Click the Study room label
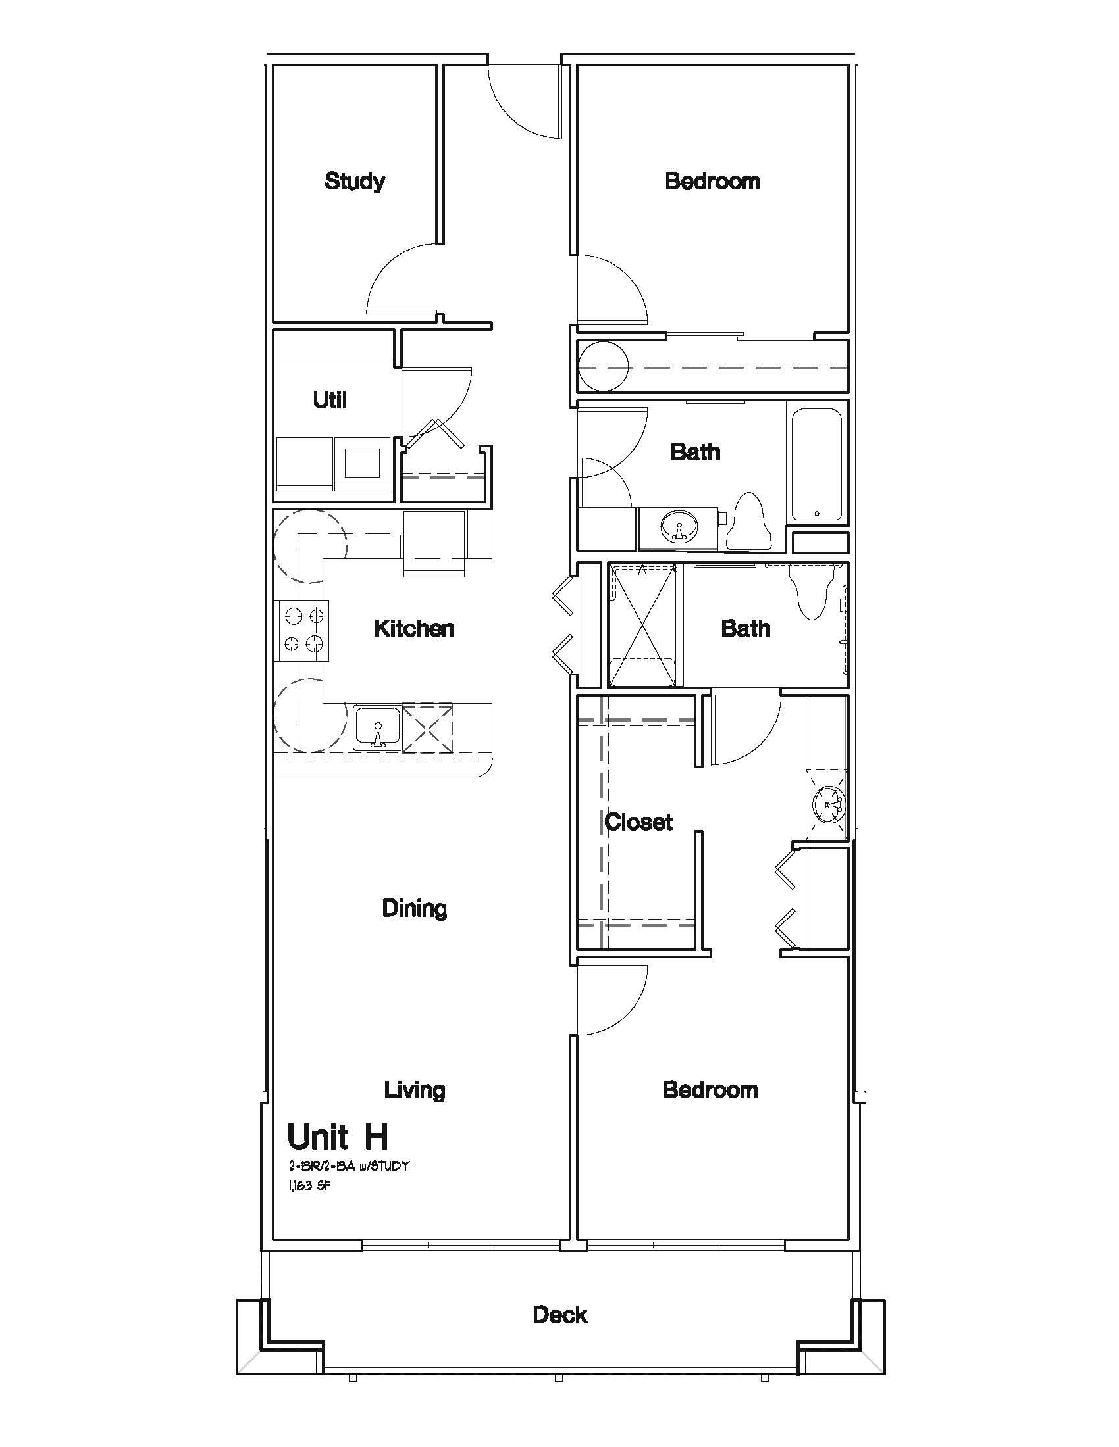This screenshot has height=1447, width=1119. [x=355, y=181]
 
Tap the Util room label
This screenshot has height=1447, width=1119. [x=330, y=399]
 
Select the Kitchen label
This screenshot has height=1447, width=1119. [x=414, y=628]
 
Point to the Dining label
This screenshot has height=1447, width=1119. [x=414, y=908]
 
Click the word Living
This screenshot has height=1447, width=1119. [x=414, y=1091]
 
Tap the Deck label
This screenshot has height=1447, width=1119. [x=560, y=1315]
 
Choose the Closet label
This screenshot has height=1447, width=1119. [x=638, y=822]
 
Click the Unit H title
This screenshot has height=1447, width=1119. [x=338, y=1138]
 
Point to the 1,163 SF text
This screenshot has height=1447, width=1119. [x=309, y=1186]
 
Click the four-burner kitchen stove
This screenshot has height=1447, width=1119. [x=301, y=630]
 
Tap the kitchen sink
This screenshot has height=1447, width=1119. [x=377, y=727]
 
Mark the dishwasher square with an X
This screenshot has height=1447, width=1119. [x=428, y=727]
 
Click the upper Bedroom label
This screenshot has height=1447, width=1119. [x=713, y=181]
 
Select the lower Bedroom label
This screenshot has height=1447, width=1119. [x=711, y=1090]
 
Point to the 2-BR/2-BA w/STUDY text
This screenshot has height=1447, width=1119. [x=349, y=1166]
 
